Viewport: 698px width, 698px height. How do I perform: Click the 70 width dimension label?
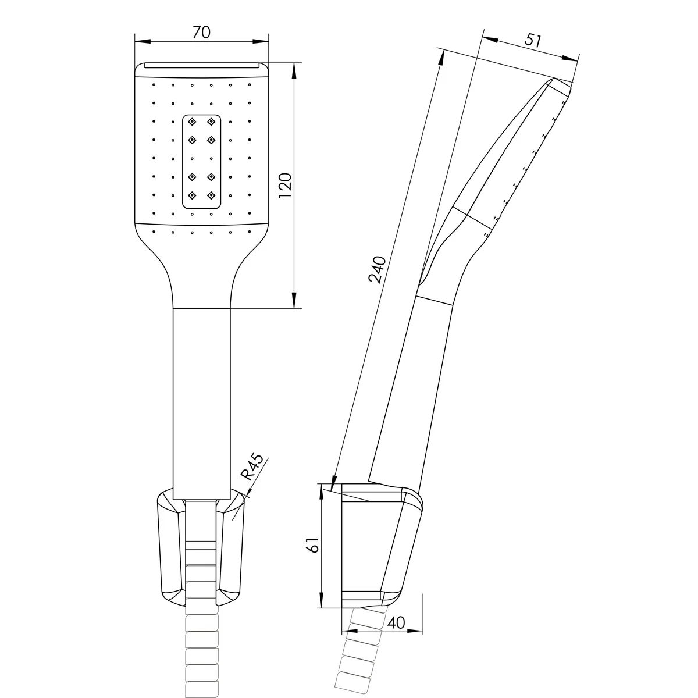[201, 32]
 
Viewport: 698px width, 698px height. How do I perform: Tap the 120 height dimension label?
[286, 185]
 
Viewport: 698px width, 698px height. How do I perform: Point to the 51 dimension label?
[533, 40]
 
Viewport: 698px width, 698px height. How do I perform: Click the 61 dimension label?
[313, 544]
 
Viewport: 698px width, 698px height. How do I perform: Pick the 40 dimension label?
[396, 622]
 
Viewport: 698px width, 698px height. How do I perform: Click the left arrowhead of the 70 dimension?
[143, 41]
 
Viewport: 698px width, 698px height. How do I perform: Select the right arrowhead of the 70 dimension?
[261, 41]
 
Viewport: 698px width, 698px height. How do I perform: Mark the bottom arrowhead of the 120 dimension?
[294, 300]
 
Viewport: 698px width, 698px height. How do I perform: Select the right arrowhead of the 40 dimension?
[415, 631]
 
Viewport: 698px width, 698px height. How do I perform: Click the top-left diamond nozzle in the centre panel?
[193, 122]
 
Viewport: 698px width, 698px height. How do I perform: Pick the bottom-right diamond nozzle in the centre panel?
[211, 195]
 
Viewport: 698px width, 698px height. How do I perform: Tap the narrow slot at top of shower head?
[202, 65]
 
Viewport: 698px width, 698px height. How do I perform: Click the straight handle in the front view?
[202, 404]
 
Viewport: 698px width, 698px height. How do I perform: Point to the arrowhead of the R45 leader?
[247, 496]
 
